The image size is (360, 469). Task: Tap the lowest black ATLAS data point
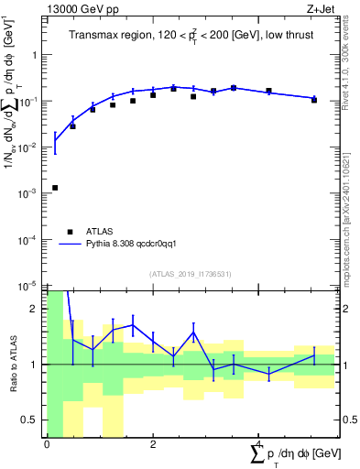(55, 188)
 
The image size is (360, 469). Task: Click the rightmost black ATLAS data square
(314, 100)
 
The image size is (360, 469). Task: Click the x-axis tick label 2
(152, 444)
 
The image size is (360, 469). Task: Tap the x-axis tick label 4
(258, 444)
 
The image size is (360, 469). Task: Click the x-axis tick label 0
(47, 444)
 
